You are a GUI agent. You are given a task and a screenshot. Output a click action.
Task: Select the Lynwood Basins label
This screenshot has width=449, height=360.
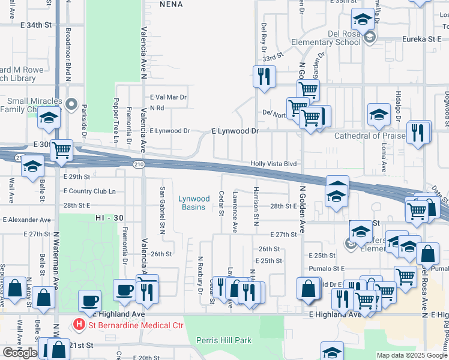194,203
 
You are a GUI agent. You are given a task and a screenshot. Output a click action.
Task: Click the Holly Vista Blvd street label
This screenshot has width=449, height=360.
274,163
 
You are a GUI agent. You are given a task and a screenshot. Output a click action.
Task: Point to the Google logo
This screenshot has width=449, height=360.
20,353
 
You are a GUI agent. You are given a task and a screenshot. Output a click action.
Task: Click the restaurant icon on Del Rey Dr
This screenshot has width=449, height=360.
264,77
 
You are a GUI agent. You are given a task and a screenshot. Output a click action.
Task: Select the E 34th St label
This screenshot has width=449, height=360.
37,26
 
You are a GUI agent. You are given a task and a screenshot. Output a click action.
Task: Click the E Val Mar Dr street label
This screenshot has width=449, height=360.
169,97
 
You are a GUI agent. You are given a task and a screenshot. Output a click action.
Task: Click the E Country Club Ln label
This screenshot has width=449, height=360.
89,191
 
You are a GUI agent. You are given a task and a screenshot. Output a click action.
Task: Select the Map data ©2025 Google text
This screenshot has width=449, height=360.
411,355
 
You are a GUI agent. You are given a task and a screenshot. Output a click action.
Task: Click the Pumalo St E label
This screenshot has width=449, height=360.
327,269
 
